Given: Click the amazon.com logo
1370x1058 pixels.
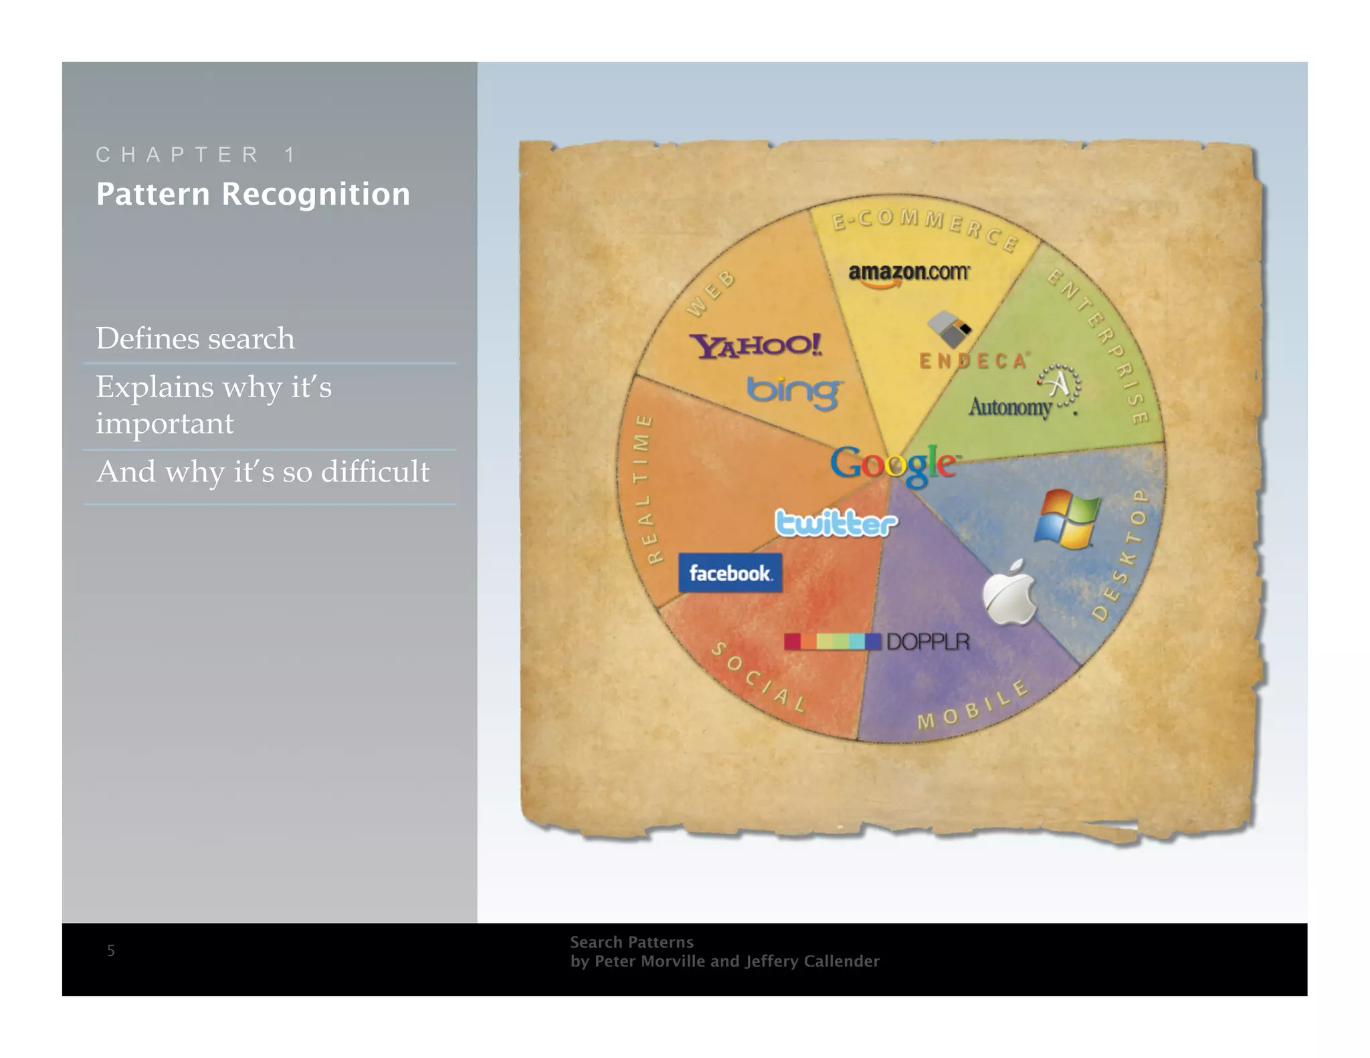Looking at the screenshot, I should click(x=908, y=273).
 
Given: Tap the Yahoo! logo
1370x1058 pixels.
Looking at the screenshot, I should click(x=756, y=346).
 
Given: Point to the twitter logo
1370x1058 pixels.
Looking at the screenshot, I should click(x=836, y=523).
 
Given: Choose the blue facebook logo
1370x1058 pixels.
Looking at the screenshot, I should click(x=730, y=573).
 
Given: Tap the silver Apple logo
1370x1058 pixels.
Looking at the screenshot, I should click(x=1009, y=594).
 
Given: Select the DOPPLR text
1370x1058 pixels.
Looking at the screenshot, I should click(x=928, y=642).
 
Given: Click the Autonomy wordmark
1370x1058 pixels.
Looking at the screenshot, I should click(x=1010, y=407).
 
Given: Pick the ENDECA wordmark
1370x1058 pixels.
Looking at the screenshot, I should click(x=973, y=361).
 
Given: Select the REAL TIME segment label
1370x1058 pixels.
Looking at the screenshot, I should click(x=644, y=489).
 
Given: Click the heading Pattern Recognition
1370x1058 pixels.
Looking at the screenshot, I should click(x=253, y=194).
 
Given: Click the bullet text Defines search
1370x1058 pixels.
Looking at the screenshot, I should click(x=195, y=338).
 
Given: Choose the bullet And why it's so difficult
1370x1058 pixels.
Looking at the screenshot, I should click(x=263, y=471).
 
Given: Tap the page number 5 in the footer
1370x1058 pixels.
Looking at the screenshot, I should click(x=111, y=950).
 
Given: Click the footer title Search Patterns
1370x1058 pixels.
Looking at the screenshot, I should click(x=631, y=942).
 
